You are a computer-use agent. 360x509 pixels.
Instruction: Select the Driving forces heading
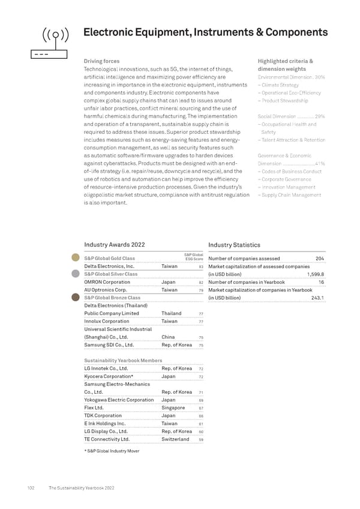click(102, 61)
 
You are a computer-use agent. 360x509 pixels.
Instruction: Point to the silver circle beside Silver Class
click(76, 274)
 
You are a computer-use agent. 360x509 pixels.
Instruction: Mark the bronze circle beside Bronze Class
click(76, 297)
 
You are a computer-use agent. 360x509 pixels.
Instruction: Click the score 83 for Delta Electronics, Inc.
click(202, 267)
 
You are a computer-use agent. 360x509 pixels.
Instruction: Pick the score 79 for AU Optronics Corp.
click(202, 290)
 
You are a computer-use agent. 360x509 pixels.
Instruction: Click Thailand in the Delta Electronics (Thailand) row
click(172, 313)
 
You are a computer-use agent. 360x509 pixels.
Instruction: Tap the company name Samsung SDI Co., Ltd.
click(109, 345)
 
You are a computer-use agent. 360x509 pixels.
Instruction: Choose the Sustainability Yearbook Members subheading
click(123, 360)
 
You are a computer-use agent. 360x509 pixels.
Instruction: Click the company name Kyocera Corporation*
click(109, 376)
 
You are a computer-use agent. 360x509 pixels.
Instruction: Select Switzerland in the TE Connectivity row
click(175, 439)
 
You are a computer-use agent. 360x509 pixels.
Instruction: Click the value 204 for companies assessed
click(320, 259)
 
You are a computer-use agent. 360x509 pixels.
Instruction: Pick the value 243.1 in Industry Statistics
click(318, 298)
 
